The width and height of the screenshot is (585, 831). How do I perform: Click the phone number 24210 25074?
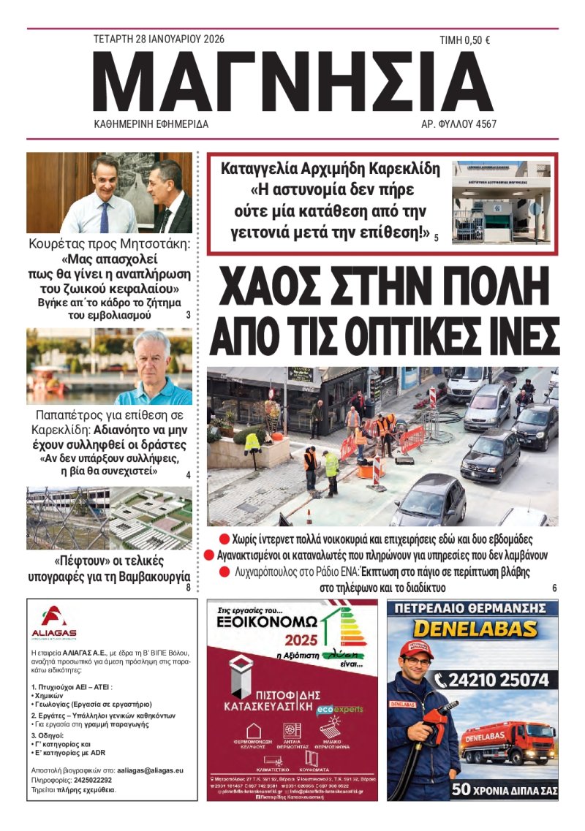(x=491, y=680)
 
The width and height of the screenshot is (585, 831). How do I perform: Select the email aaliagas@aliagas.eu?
(x=149, y=770)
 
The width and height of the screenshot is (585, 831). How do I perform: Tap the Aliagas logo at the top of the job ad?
(x=53, y=622)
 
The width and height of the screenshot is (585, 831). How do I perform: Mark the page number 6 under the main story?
(x=554, y=588)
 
